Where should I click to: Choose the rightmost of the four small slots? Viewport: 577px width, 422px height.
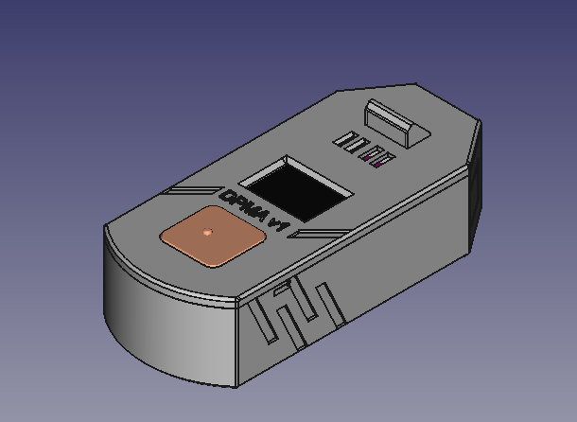(x=380, y=160)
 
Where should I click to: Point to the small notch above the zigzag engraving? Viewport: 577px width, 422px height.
(x=282, y=284)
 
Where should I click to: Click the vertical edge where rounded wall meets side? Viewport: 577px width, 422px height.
(x=237, y=336)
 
